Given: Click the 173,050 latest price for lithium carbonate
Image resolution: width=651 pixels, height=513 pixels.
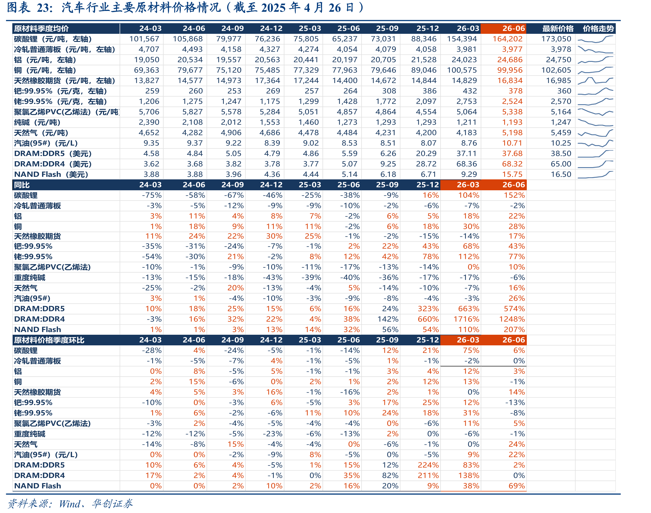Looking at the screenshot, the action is tap(556, 39).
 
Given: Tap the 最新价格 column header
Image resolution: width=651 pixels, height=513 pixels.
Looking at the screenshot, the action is tap(558, 28).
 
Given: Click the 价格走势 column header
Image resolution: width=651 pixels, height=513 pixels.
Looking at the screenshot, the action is tap(598, 28).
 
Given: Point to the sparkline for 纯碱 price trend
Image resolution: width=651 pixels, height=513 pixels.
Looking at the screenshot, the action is tap(595, 123).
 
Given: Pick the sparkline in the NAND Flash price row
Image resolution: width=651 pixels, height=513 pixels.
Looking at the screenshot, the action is tap(595, 175).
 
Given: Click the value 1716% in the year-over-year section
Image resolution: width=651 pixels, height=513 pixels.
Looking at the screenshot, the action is tap(466, 319).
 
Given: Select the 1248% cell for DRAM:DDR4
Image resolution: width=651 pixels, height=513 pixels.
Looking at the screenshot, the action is tap(512, 319).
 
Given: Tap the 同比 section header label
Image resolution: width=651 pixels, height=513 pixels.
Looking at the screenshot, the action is tap(22, 185).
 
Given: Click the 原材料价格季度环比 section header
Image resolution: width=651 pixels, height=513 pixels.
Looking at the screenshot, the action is tap(49, 340).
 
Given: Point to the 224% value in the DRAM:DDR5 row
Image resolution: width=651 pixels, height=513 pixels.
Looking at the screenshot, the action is tap(428, 465).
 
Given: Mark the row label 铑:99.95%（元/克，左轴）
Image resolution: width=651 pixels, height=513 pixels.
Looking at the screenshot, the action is tap(60, 101).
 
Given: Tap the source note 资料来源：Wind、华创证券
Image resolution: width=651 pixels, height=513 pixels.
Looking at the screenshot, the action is tap(70, 504).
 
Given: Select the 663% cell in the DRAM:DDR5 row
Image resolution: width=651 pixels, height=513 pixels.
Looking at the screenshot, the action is tap(469, 309).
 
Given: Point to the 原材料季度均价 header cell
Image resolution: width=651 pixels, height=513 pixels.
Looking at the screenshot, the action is tap(41, 28).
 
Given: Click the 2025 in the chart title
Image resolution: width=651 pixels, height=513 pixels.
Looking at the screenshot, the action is tap(273, 8).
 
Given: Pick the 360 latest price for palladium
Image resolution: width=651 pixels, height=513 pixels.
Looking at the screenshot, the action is tap(564, 91).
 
